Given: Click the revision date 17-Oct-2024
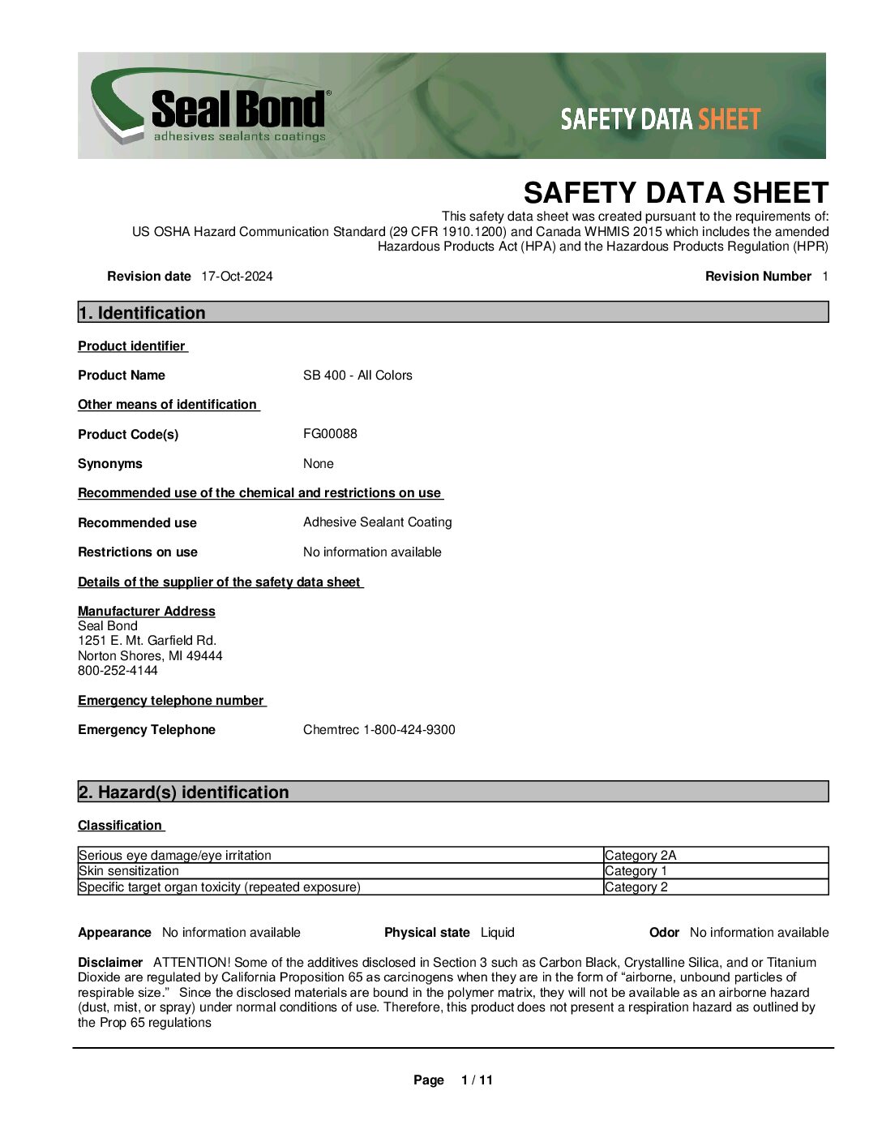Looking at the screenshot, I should click(237, 277).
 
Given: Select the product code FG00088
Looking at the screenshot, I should click(330, 434).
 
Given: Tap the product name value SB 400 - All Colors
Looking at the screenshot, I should click(358, 376).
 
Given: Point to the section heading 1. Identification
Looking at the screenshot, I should click(142, 313).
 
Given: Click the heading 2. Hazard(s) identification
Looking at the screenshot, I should click(183, 792).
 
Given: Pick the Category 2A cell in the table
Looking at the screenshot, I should click(640, 856).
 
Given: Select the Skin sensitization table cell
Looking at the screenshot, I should click(129, 871).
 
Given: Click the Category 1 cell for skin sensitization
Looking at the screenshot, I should click(636, 871).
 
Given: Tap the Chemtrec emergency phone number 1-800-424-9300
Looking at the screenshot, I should click(409, 730).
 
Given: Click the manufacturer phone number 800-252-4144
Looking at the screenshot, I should click(118, 671).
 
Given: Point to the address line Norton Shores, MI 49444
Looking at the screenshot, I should click(150, 656).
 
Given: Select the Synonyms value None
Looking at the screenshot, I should click(318, 464).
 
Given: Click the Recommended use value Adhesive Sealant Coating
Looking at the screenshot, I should click(377, 522).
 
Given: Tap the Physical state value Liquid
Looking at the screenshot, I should click(497, 933).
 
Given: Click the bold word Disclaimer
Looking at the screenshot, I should click(110, 963).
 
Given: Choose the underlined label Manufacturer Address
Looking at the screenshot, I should click(147, 612).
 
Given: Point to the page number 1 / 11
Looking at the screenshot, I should click(477, 1080).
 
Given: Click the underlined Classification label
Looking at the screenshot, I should click(120, 826).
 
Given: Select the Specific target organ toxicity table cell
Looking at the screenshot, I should click(220, 887).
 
